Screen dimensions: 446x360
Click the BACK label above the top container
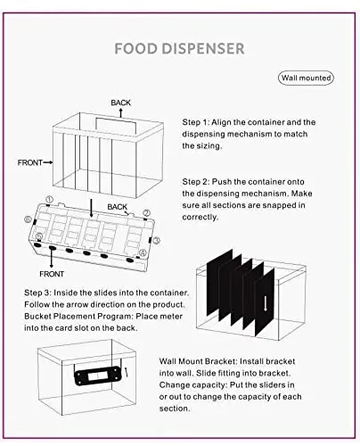(120, 103)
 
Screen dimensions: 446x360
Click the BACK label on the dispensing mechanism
(117, 207)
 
